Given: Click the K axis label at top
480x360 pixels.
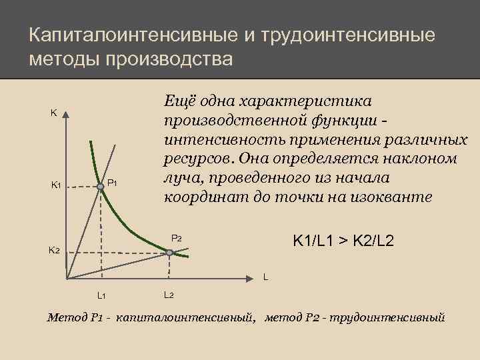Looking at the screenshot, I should click(53, 113).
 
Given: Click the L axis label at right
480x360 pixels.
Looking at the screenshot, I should click(265, 276).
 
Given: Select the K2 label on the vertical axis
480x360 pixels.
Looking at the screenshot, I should click(54, 251).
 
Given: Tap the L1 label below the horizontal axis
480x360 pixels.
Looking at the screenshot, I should click(101, 295).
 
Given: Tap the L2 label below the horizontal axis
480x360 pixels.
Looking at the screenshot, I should click(168, 295).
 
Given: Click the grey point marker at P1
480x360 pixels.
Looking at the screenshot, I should click(101, 188).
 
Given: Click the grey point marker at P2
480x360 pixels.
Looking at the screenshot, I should click(169, 253).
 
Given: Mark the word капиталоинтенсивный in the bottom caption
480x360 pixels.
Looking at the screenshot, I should click(185, 317).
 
